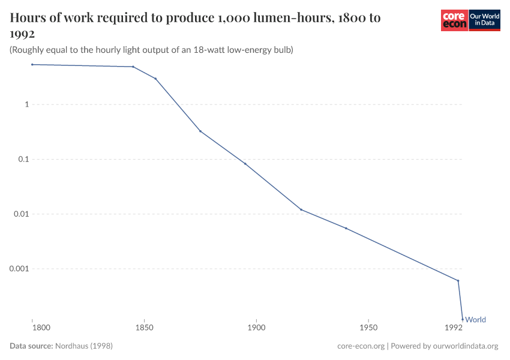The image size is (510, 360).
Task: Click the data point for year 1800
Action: (32, 64)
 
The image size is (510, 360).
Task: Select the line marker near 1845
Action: (133, 67)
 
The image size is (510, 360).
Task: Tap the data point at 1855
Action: (155, 79)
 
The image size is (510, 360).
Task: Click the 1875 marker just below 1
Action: (200, 131)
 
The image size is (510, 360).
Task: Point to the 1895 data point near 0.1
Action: (245, 164)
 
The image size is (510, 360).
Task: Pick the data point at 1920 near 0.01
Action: (301, 209)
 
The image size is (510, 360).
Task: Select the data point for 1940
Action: (346, 228)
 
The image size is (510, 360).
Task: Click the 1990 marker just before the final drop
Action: (458, 280)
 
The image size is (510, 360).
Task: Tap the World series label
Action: (475, 320)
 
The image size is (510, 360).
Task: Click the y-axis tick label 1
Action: (26, 104)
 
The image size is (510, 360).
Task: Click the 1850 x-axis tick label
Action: (144, 328)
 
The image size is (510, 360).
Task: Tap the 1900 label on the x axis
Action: (256, 328)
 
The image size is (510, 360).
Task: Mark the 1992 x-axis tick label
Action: (453, 328)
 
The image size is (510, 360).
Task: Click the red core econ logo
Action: (454, 20)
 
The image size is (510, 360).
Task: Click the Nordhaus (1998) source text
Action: (83, 346)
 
